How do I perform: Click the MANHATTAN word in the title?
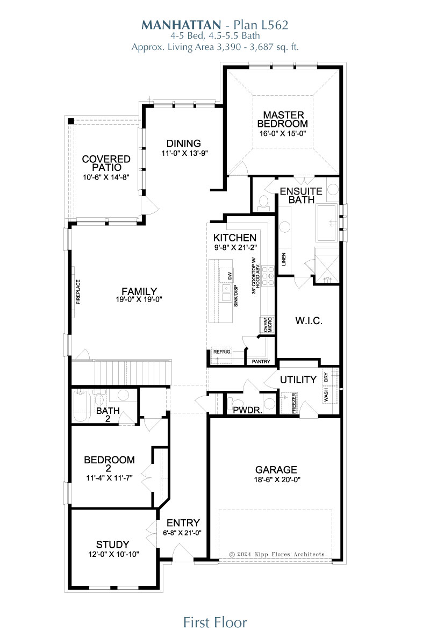181,25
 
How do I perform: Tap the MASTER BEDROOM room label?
283,119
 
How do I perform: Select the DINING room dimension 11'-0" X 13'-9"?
184,153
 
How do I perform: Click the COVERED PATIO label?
106,163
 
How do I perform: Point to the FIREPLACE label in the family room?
78,292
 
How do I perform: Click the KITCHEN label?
235,238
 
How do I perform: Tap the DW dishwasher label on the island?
230,276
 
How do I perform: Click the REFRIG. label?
222,352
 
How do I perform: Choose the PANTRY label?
261,362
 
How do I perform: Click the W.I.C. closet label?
309,320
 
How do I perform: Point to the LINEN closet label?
284,259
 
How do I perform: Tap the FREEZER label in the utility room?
294,403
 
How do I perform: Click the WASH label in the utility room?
326,395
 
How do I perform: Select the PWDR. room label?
248,410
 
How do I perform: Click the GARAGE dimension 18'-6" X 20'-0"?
277,479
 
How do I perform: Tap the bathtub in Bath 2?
81,406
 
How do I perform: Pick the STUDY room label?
112,545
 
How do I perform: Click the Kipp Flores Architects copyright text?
276,554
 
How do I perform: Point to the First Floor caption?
215,622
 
